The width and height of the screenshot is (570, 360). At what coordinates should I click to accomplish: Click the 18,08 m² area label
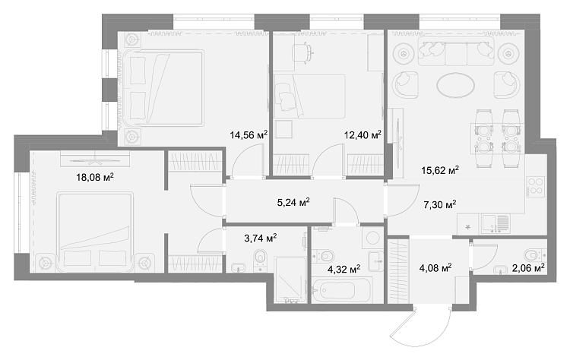tap(95, 177)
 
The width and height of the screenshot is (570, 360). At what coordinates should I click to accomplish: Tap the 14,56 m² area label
tap(249, 135)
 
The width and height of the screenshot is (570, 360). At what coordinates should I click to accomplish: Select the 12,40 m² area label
tap(363, 135)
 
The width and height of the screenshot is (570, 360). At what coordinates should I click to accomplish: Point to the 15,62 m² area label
tap(440, 169)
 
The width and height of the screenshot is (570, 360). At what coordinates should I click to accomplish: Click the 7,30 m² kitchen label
tap(440, 204)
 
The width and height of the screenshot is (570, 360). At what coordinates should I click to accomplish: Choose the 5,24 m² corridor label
tap(293, 202)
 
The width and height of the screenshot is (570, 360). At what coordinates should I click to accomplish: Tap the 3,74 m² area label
tap(261, 238)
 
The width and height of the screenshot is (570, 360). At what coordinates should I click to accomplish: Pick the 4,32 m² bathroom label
tap(344, 269)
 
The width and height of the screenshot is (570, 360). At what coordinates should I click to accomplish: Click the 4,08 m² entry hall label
tap(435, 268)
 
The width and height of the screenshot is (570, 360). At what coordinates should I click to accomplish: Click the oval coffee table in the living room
tap(455, 85)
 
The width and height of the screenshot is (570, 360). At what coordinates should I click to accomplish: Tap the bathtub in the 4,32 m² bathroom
tap(342, 289)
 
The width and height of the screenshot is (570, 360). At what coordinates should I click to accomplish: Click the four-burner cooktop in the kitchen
tap(536, 185)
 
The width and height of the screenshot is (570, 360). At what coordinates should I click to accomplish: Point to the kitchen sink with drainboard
tap(496, 223)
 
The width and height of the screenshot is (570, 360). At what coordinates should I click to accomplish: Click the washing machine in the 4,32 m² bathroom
tap(372, 238)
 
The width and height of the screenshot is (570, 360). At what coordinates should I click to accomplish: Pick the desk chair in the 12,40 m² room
tap(302, 52)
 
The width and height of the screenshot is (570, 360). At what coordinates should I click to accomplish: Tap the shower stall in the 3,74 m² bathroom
tap(290, 279)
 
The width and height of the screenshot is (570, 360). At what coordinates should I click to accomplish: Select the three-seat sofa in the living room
tap(455, 51)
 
